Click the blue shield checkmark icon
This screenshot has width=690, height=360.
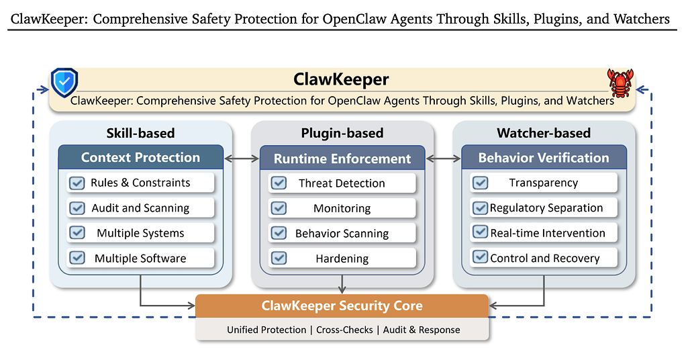pos(64,83)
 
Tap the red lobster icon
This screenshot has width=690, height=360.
pos(620,83)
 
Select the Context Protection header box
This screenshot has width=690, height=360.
pos(140,158)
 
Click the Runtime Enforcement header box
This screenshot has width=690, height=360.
pos(342,159)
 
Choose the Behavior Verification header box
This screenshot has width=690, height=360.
pos(544,158)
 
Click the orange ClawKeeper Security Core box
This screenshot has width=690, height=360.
pos(342,306)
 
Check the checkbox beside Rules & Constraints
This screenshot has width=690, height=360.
pos(77,183)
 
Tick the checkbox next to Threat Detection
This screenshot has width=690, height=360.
pos(279,183)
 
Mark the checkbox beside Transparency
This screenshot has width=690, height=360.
pos(480,183)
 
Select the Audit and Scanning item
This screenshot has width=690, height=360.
pos(140,208)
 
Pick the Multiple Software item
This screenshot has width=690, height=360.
pos(140,259)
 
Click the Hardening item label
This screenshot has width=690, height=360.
pos(342,259)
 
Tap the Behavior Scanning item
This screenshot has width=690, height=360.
pos(342,234)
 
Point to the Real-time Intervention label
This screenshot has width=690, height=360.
pos(548,233)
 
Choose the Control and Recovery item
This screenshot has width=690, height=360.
pos(545,259)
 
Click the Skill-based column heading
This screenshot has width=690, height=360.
pos(140,133)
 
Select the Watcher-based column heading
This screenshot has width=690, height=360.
pos(544,133)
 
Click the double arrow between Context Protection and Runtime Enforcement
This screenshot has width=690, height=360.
pos(242,159)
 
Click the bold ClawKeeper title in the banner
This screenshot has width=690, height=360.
pos(341,80)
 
